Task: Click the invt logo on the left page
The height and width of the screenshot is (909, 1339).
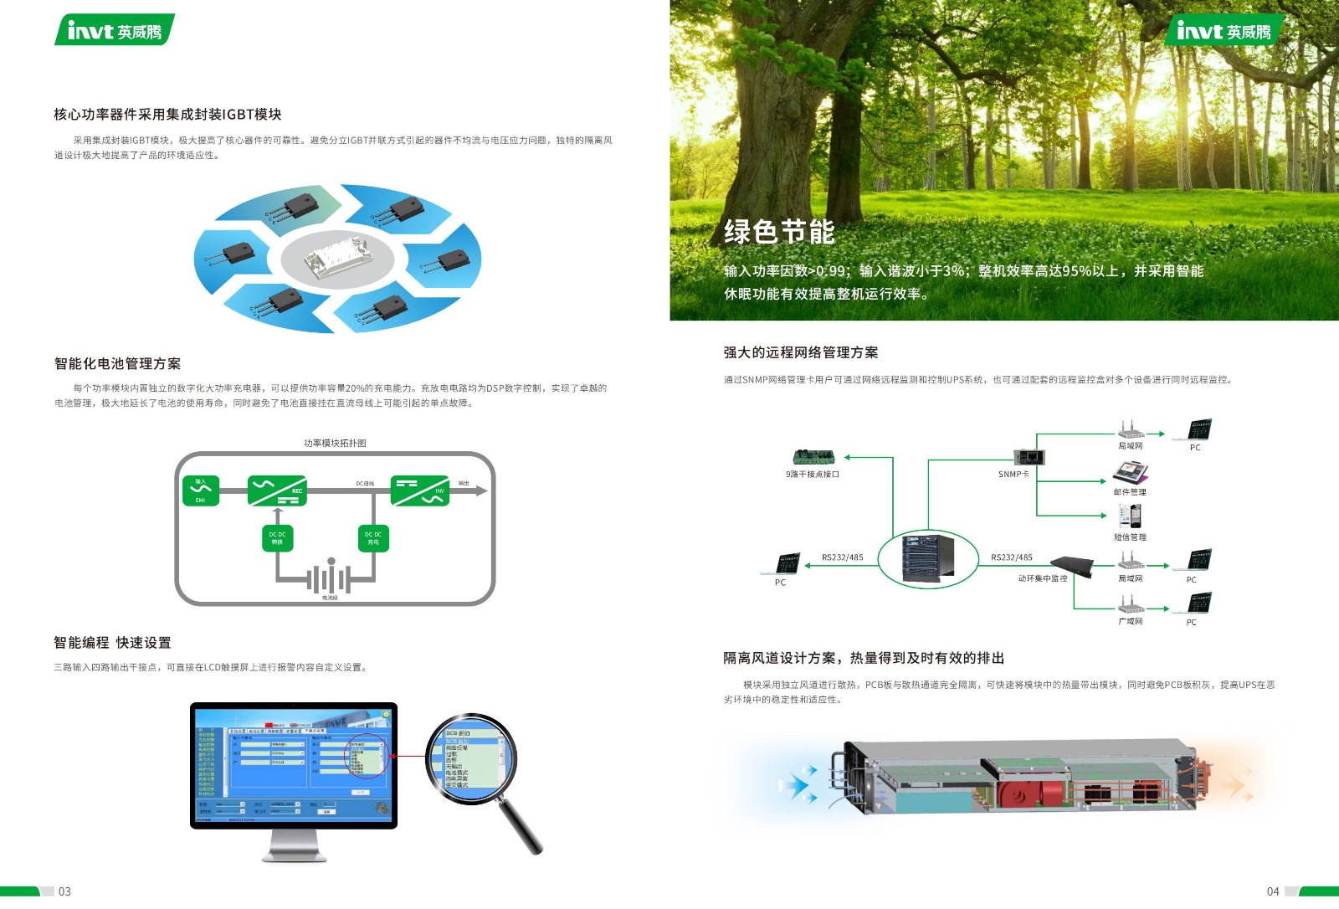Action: [x=115, y=30]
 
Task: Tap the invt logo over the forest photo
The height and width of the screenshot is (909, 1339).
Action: [x=1223, y=31]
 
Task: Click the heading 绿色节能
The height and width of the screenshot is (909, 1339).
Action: [x=779, y=232]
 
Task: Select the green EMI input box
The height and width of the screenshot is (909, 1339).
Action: [x=201, y=490]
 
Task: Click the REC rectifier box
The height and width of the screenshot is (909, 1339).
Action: [x=277, y=490]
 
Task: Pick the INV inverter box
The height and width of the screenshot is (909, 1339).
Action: [x=420, y=490]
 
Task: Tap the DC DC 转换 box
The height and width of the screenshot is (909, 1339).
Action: [x=277, y=538]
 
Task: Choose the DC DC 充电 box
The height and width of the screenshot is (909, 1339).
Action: [x=373, y=538]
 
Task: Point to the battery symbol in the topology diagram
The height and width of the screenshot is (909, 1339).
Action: [x=329, y=578]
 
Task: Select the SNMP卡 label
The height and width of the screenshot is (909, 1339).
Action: [x=1013, y=475]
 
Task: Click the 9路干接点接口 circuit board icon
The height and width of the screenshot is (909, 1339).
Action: [x=813, y=457]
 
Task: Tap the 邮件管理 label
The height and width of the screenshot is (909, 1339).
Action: [x=1130, y=492]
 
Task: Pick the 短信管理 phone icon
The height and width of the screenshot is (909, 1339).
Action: [x=1130, y=514]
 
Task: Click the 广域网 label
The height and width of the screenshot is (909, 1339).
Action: [x=1130, y=622]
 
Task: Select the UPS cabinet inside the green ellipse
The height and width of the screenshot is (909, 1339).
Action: [x=928, y=558]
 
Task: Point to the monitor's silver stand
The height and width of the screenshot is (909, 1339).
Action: [x=294, y=845]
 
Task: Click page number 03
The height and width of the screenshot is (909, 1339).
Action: [x=64, y=891]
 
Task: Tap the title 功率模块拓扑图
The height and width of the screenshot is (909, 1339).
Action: [x=335, y=443]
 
